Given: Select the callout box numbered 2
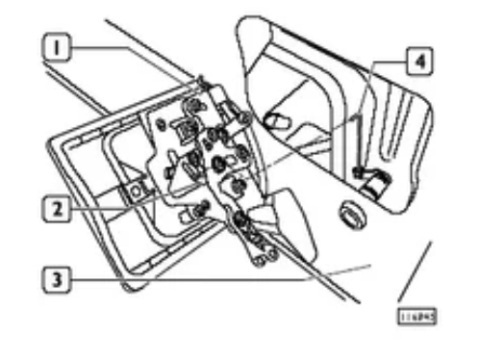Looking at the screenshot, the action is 61,204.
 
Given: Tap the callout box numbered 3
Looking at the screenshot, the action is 61,280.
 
